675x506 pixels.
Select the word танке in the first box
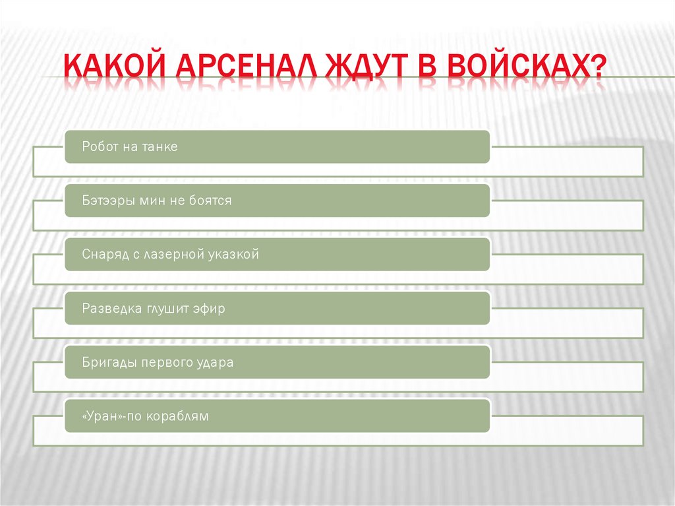pos(160,146)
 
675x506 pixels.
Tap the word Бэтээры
pos(108,201)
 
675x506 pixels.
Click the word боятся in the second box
pos(211,201)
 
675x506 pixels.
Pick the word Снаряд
pos(103,255)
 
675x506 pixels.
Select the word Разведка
pos(108,309)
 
